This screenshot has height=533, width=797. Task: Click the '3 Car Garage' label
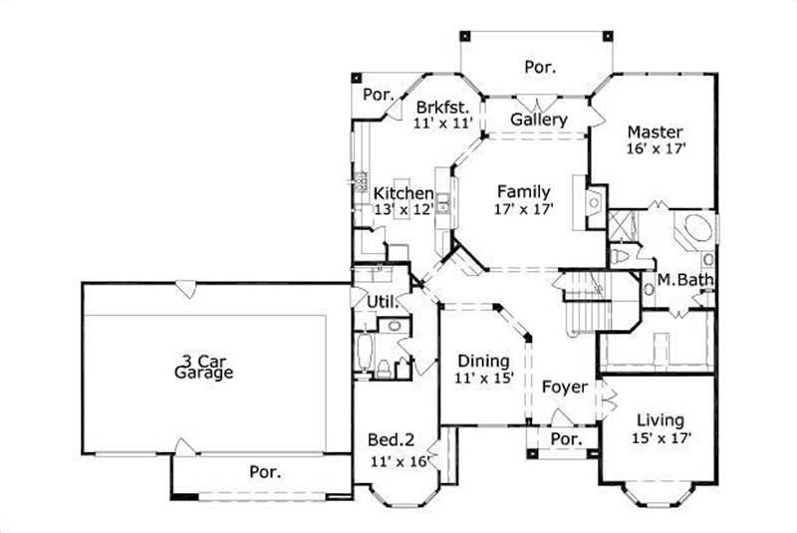[x=203, y=367]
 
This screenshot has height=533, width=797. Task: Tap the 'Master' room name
[x=654, y=132]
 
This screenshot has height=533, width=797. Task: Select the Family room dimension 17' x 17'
[x=523, y=209]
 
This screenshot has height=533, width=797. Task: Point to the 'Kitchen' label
[x=403, y=193]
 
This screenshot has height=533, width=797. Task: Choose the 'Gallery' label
[x=539, y=120]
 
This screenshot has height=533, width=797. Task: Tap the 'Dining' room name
[x=483, y=361]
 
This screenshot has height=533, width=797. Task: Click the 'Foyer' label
[x=565, y=387]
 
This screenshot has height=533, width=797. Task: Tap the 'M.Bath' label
[x=685, y=280]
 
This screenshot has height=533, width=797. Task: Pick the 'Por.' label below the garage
[x=264, y=471]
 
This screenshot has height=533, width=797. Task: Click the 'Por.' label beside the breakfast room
[x=378, y=94]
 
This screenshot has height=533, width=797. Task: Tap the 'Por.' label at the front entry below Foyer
[x=566, y=439]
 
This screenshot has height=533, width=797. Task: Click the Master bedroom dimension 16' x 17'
[x=654, y=148]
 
